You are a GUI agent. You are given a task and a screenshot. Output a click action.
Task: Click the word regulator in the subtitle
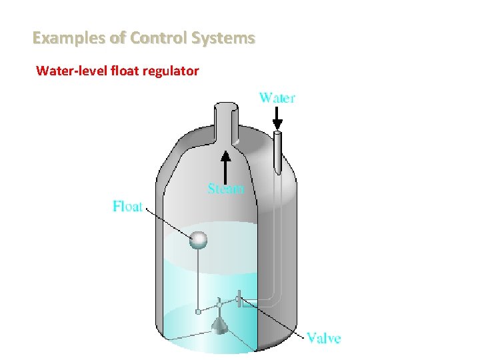(169, 70)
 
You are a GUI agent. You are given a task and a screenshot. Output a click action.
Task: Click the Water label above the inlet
(277, 97)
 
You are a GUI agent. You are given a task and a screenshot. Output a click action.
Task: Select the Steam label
(226, 189)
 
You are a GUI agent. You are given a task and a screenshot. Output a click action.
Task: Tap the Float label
(127, 206)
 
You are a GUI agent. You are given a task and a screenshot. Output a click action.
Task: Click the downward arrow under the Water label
(277, 121)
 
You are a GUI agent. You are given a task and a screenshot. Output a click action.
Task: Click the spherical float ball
(198, 239)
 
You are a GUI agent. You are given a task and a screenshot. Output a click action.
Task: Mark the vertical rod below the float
(198, 280)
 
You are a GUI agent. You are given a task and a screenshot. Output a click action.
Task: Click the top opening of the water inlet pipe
(277, 133)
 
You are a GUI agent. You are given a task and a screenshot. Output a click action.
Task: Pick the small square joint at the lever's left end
(198, 311)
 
